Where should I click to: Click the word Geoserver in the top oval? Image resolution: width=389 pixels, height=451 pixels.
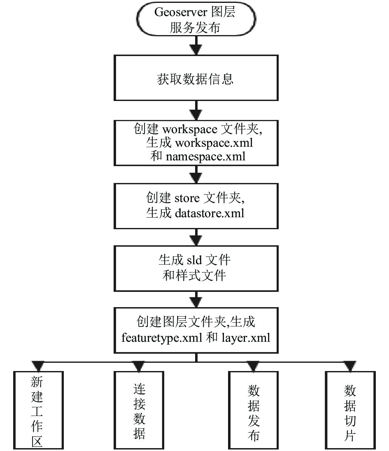point(180,12)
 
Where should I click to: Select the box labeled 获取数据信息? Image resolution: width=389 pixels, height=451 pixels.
point(196,78)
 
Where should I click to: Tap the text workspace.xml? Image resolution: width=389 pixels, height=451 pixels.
point(214,143)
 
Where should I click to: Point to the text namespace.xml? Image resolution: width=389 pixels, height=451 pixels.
point(206,157)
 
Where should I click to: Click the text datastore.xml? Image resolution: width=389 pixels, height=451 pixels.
point(210,213)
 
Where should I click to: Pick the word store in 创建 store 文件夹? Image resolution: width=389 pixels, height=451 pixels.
point(187,198)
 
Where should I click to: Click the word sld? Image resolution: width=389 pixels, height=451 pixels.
point(194,260)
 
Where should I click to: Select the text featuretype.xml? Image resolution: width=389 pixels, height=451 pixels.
point(162,338)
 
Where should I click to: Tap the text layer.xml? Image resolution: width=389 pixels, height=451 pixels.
point(246,338)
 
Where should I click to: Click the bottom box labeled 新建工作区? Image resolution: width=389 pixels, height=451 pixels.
point(38,410)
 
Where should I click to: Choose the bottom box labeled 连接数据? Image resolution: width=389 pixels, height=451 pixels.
point(139,410)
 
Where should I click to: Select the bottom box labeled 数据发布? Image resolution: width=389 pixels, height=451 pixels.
point(254,410)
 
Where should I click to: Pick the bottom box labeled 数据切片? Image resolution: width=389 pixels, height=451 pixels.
point(350,410)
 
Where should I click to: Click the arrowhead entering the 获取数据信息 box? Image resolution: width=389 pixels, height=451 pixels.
point(196,50)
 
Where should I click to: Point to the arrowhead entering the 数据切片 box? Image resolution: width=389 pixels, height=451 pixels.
point(350,366)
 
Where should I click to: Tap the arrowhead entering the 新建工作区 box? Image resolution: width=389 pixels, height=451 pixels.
point(38,366)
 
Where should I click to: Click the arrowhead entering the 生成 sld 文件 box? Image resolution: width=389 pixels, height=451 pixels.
point(196,240)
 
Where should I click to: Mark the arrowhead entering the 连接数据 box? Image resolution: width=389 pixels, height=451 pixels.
point(139,366)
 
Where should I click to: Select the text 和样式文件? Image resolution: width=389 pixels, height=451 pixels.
point(194,275)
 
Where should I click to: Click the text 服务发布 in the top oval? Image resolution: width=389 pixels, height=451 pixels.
point(195,28)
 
